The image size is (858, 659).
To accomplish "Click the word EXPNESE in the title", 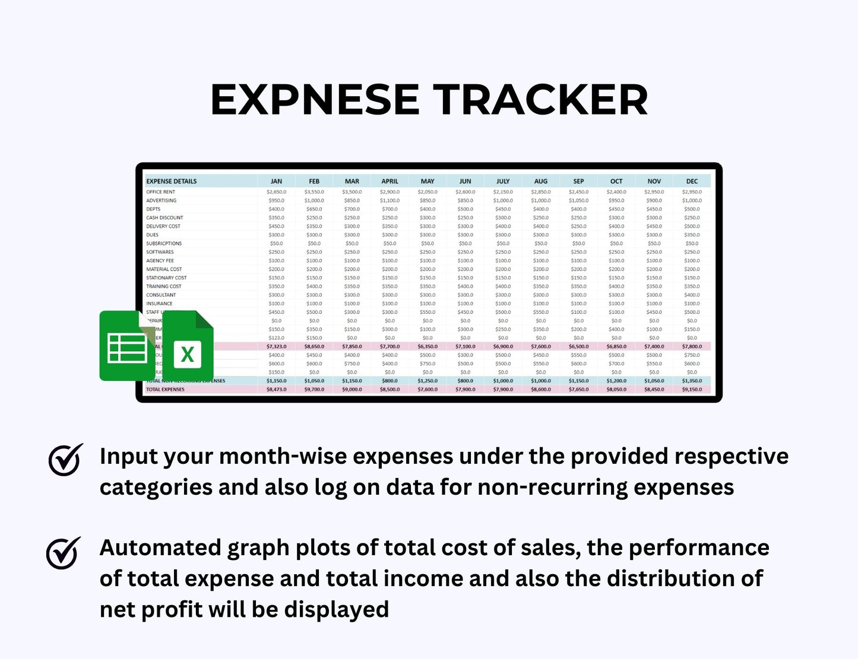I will [315, 99].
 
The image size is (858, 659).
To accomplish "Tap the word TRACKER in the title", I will [540, 99].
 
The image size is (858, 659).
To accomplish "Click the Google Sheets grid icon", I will [127, 347].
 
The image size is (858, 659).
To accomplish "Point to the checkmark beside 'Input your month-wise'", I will [65, 460].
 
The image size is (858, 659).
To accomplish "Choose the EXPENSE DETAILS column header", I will [172, 181].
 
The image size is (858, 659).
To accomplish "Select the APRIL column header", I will [390, 181].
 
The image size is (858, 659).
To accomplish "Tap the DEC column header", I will [692, 181].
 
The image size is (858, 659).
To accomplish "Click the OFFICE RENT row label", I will [161, 192].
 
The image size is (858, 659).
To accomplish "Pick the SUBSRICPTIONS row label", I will [164, 243].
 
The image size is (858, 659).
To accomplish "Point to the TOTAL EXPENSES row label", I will [165, 390].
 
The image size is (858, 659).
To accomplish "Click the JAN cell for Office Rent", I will [276, 192].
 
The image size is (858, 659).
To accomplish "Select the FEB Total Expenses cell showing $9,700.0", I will [314, 390].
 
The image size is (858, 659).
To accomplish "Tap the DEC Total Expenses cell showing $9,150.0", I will [692, 390].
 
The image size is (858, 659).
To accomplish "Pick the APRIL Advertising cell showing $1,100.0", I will [390, 200].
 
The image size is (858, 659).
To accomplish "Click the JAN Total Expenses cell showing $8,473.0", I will [276, 390].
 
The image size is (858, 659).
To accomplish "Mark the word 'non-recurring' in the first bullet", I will [552, 487].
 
